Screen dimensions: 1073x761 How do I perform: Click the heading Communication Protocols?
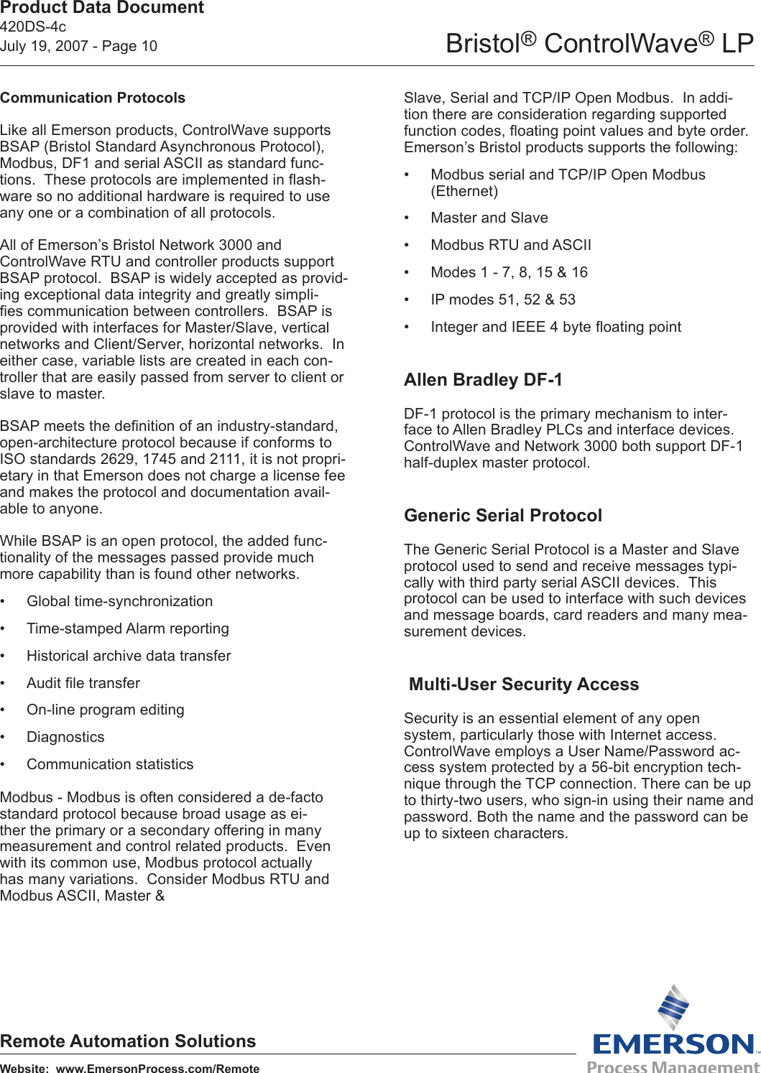point(93,98)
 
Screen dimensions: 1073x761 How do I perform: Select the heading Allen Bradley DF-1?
point(483,379)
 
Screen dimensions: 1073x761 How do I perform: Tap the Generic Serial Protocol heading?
point(502,515)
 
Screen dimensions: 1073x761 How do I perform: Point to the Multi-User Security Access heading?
point(523,684)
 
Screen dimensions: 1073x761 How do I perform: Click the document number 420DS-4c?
point(33,27)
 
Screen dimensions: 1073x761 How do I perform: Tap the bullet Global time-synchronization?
point(119,601)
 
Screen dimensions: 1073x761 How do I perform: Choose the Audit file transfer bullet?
point(83,683)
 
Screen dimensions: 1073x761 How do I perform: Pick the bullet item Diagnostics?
point(65,737)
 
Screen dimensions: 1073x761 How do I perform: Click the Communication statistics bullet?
point(110,764)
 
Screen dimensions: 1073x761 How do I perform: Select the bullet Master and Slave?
point(489,218)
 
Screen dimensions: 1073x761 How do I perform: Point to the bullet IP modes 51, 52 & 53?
point(503,299)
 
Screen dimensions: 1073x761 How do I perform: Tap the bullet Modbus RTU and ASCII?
point(511,245)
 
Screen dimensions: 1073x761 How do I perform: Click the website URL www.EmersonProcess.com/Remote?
point(157,1068)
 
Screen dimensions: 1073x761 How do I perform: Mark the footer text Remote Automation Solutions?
point(128,1041)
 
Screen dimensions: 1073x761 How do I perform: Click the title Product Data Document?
point(102,8)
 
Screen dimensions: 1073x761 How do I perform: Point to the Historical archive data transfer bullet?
point(129,656)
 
